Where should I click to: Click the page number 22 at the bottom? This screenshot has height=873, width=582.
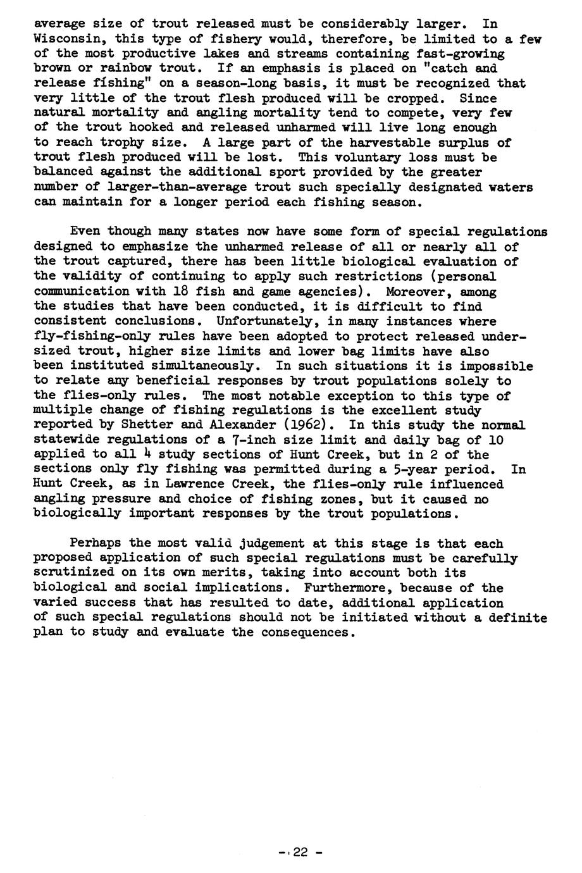pos(300,852)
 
